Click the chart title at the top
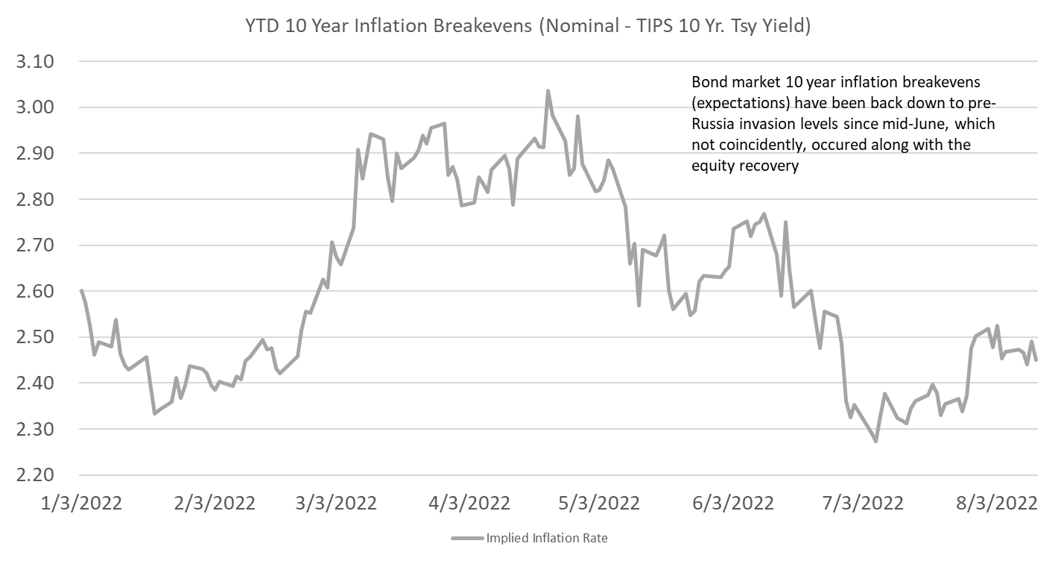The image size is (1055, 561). (x=527, y=26)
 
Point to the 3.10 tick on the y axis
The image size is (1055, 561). (x=36, y=61)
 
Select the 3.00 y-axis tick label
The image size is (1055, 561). (x=36, y=107)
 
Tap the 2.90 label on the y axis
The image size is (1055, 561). (x=36, y=154)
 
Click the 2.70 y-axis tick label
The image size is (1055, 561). (x=36, y=245)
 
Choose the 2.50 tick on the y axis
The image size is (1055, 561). (x=36, y=337)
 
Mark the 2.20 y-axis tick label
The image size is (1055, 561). (x=36, y=475)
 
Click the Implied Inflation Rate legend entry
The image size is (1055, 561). (x=529, y=538)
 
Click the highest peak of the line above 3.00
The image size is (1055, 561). (x=548, y=92)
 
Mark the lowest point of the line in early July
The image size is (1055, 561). (x=875, y=441)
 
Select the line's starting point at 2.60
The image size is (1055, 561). (x=80, y=290)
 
